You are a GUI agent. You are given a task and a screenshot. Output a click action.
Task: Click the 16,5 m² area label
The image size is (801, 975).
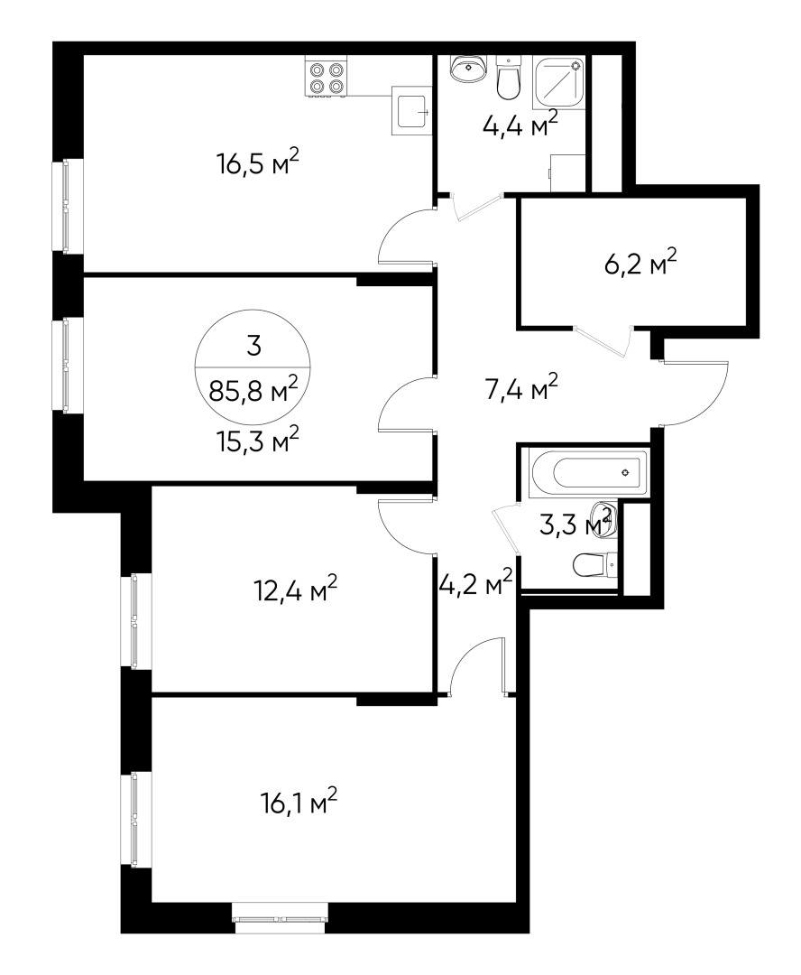[x=257, y=164]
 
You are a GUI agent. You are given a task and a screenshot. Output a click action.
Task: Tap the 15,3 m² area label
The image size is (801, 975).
[x=257, y=441]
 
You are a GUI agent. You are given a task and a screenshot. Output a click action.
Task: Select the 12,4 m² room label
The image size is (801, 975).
[x=296, y=590]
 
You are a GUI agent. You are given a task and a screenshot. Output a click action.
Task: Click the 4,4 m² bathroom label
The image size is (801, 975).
[x=520, y=122]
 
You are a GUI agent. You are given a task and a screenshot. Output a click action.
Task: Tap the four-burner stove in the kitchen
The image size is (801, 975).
[x=327, y=76]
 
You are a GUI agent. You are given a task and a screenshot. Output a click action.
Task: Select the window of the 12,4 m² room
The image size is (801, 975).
[x=135, y=621]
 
